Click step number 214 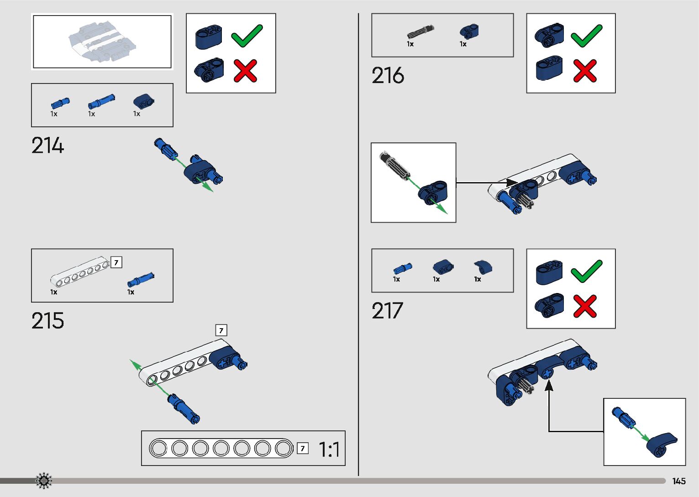47,146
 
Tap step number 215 47,321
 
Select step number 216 388,76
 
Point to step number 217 387,311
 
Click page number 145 679,481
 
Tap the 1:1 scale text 329,450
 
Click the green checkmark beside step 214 247,36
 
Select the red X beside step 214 245,71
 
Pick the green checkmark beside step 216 586,36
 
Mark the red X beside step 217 585,306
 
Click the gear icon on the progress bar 44,481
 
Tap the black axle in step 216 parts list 420,32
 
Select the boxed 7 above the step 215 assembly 221,330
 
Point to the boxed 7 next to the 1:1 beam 302,449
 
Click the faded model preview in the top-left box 102,41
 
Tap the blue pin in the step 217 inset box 622,417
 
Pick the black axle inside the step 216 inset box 394,165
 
